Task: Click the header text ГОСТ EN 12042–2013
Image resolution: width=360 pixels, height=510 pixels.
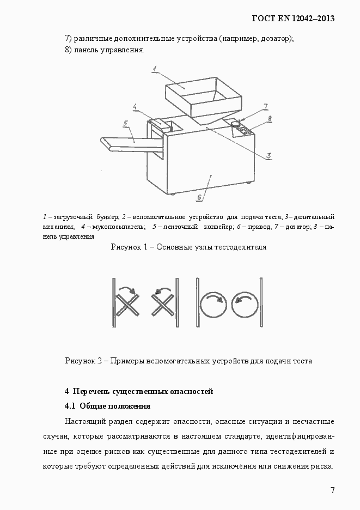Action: click(x=292, y=19)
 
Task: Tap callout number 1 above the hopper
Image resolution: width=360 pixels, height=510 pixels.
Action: click(x=155, y=68)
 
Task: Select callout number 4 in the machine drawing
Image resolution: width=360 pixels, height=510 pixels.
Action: click(x=134, y=107)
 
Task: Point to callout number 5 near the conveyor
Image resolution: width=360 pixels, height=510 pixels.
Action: click(x=125, y=123)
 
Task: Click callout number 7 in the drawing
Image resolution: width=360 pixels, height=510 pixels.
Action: click(x=265, y=106)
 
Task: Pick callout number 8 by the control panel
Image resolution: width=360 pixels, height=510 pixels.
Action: click(x=270, y=118)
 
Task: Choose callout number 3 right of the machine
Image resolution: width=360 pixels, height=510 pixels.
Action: click(x=269, y=156)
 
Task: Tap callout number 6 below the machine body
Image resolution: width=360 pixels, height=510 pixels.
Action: click(x=199, y=197)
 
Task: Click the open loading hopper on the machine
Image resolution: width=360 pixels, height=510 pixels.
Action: click(x=202, y=98)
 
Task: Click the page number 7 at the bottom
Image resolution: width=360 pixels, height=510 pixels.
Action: click(x=332, y=490)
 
